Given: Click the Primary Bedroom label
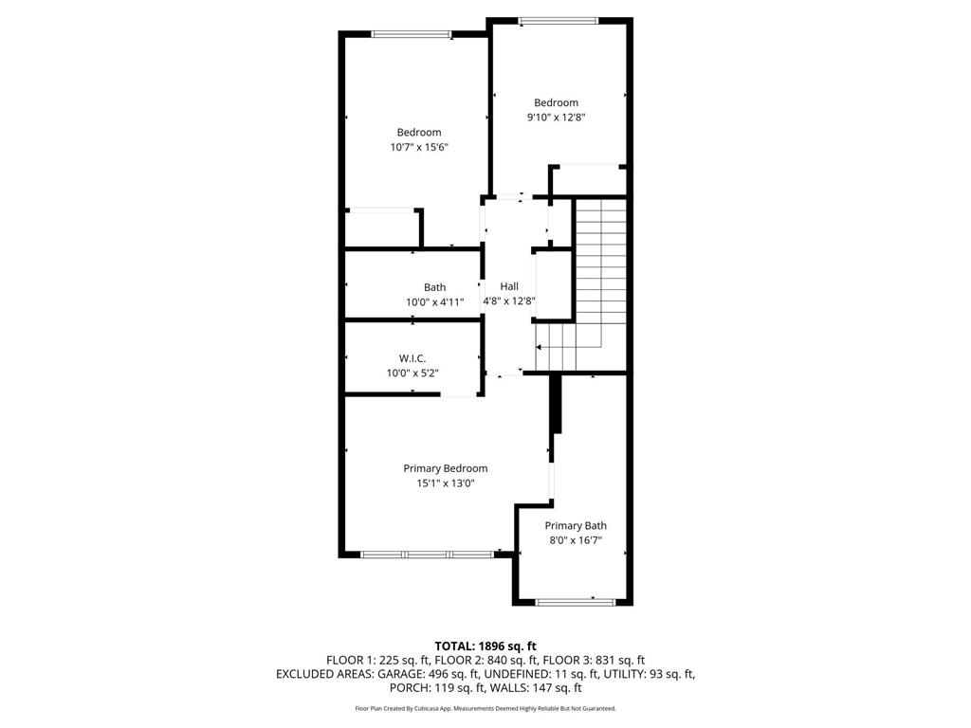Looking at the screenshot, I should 445,468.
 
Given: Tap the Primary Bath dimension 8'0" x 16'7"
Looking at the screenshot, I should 575,540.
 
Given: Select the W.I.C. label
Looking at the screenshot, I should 412,358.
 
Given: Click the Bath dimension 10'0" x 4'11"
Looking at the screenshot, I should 434,302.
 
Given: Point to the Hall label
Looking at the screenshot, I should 509,286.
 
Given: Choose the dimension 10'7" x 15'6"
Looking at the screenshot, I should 418,147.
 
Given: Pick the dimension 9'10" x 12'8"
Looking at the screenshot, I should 556,118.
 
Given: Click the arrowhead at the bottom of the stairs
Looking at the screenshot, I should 540,348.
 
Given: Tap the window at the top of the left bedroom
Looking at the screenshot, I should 411,35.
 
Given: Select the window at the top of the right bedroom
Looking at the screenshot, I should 558,20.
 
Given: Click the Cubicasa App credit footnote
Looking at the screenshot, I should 485,708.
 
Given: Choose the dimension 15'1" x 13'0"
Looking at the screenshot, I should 445,483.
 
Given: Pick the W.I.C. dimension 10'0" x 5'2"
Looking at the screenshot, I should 412,373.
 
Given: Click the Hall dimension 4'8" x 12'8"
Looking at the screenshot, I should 509,301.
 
